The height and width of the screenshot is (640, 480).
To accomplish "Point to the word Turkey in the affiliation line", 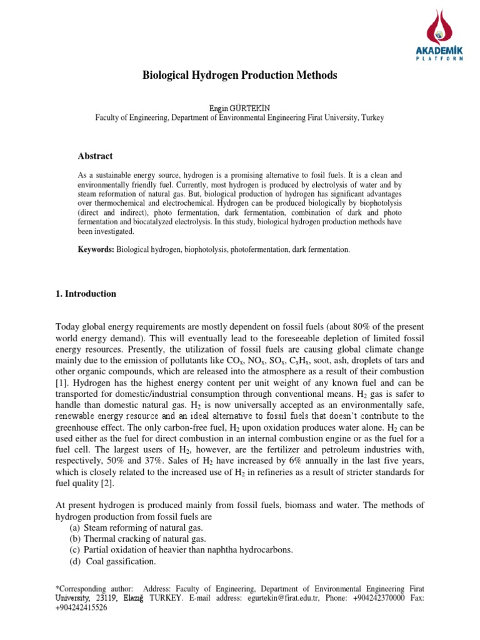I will click(371, 117).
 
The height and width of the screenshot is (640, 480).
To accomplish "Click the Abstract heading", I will click(95, 156).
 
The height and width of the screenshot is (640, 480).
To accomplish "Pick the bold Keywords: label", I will click(96, 249).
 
